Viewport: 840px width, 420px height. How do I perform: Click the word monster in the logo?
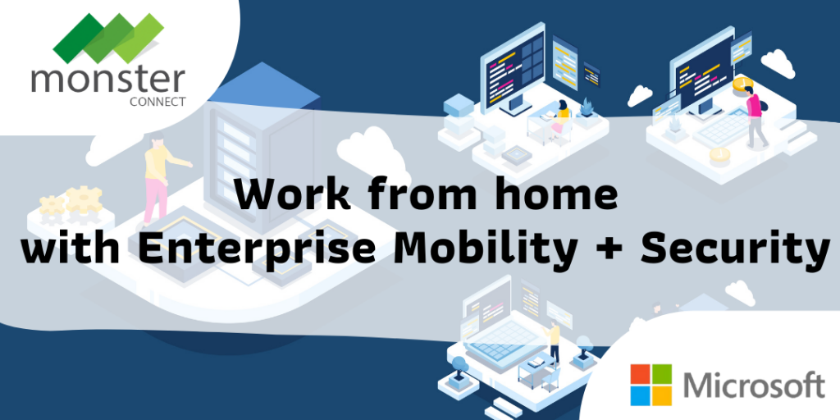coord(108,80)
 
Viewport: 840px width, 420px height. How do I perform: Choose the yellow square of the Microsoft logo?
coord(661,392)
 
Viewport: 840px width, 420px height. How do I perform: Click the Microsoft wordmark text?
coord(753,383)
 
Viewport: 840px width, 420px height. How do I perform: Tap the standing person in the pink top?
coord(755,115)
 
